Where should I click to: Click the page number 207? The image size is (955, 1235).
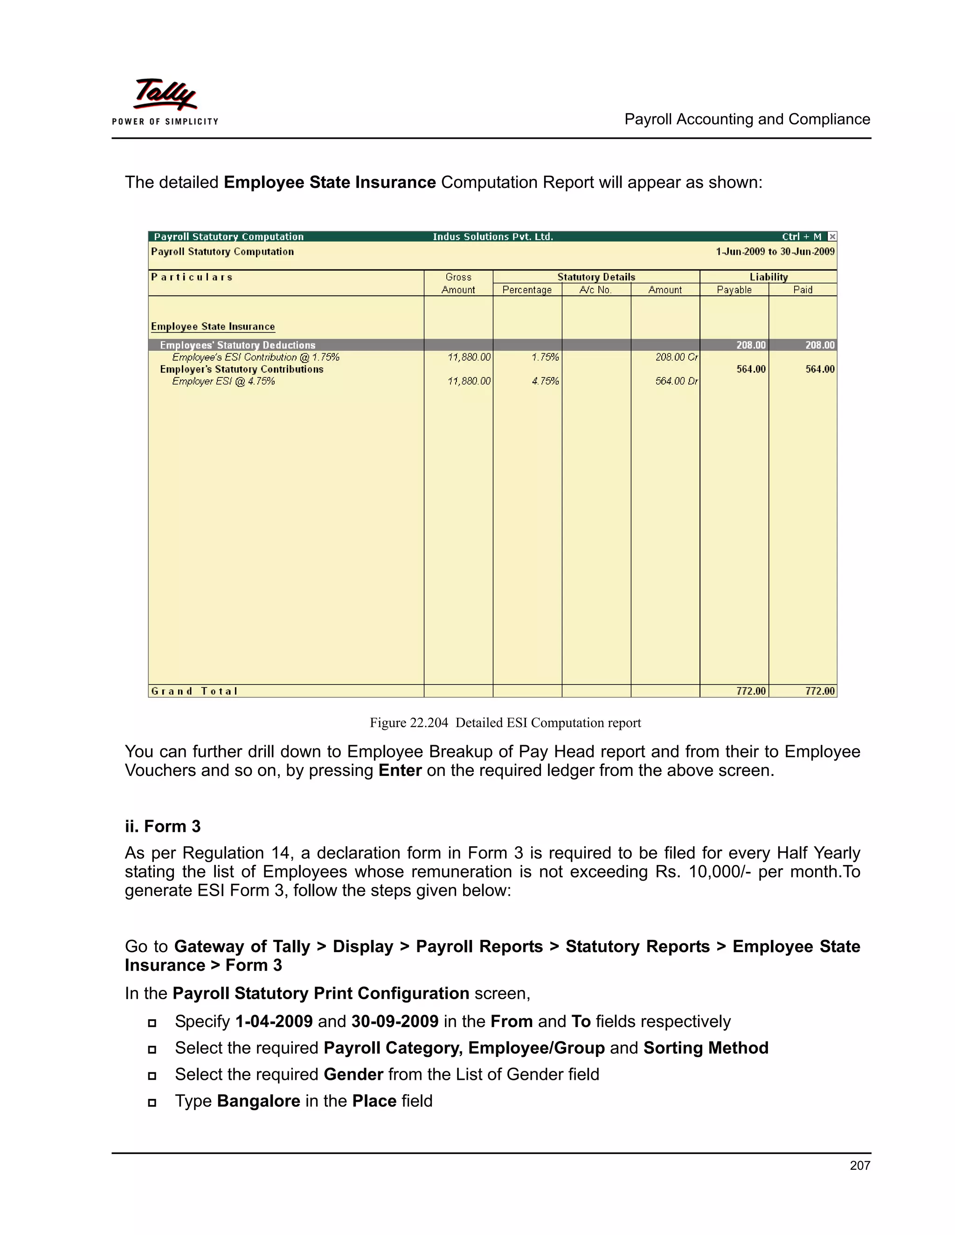[859, 1165]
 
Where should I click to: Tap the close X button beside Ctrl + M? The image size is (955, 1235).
[832, 236]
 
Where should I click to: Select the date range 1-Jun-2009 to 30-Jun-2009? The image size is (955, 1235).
[775, 252]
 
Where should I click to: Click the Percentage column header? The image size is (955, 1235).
[527, 289]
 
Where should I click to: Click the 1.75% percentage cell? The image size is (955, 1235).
[545, 357]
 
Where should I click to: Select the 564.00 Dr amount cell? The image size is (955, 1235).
[676, 381]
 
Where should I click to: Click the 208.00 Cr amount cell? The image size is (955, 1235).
[676, 357]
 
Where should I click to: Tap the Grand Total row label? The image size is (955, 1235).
[194, 691]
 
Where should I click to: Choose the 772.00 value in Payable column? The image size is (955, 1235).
[750, 691]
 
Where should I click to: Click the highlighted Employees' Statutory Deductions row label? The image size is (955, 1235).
[238, 345]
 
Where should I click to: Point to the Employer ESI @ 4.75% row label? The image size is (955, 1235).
[223, 381]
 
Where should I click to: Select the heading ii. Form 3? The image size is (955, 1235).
[163, 826]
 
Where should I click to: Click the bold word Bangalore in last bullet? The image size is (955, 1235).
[258, 1100]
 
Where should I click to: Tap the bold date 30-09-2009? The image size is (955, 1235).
[394, 1021]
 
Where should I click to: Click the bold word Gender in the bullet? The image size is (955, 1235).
[353, 1074]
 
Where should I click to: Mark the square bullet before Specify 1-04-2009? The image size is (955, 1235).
[152, 1022]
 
